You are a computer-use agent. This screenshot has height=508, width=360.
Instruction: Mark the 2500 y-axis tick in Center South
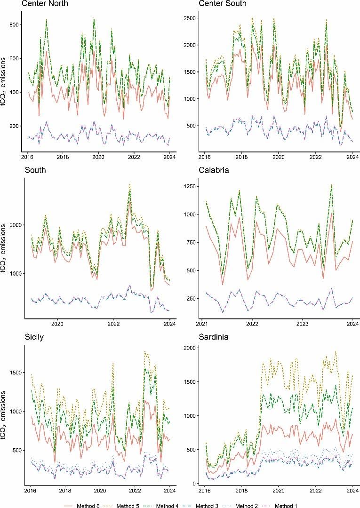[192, 18]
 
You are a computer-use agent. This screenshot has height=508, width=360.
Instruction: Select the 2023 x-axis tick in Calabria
[303, 324]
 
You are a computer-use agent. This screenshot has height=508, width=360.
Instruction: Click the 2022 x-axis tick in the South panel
[113, 324]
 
